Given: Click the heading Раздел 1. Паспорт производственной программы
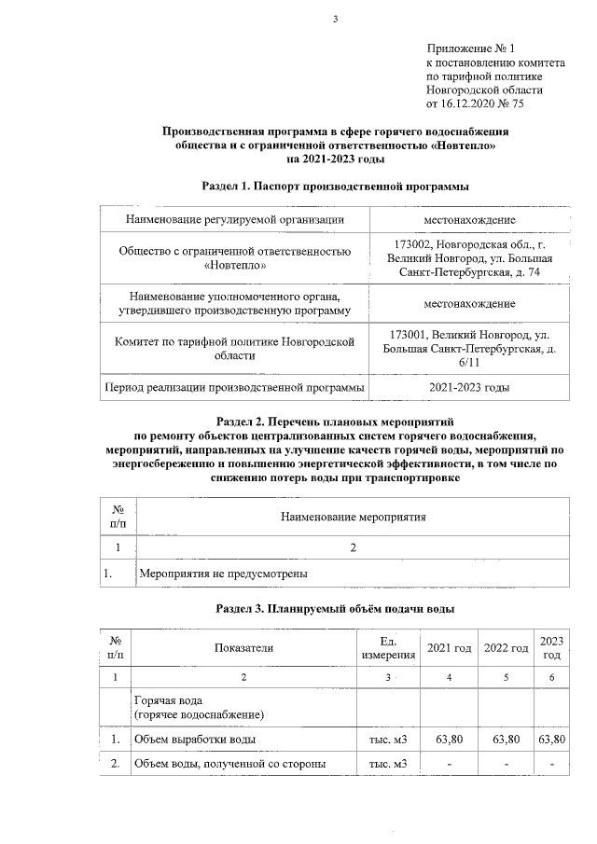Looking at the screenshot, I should [335, 187].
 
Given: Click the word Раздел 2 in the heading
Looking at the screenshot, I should [240, 422].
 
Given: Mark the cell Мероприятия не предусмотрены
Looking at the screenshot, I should [223, 573].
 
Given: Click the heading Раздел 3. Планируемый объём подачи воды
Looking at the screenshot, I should [335, 610].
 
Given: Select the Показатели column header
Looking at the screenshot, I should [244, 648].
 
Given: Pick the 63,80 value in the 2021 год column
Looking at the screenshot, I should [451, 740].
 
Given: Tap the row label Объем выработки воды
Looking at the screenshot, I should [195, 740].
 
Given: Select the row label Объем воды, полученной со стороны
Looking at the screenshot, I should [230, 765].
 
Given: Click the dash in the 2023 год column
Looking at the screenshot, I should [551, 765].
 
